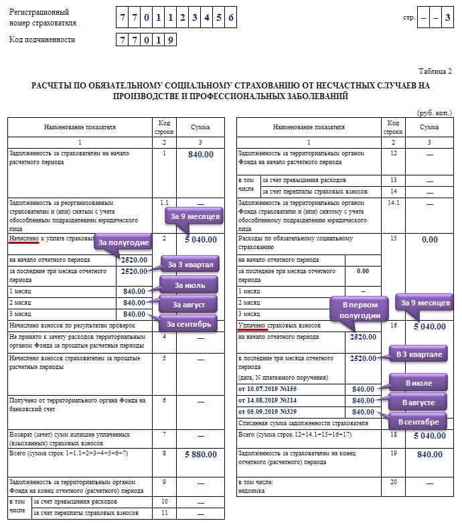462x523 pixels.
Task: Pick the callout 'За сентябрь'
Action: coord(189,325)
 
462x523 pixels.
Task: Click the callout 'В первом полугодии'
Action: coord(361,309)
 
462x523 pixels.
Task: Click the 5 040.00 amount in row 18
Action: coord(429,435)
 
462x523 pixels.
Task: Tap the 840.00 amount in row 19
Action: coord(429,454)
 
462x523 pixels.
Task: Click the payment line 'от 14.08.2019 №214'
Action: coord(272,400)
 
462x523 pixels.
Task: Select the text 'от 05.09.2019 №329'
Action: coord(272,411)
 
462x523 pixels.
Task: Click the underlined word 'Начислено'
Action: coord(23,238)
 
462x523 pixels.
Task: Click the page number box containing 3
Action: coord(447,18)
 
